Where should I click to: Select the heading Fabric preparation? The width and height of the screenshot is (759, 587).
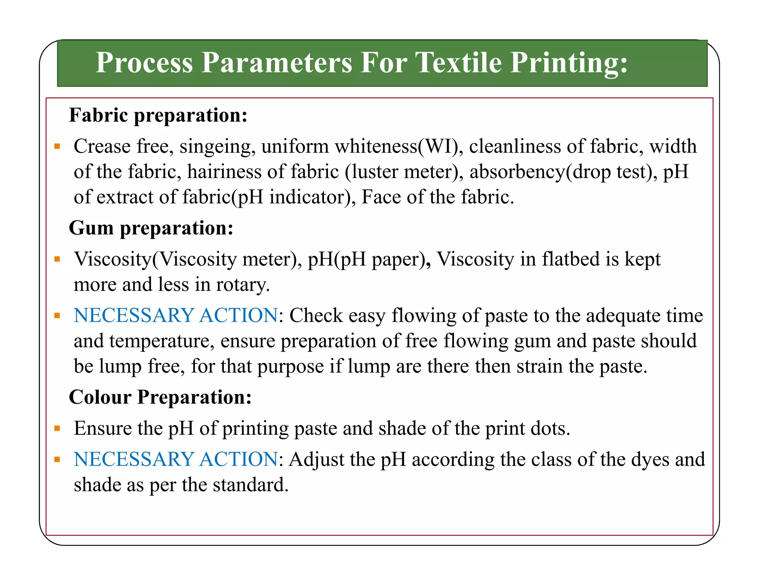(158, 115)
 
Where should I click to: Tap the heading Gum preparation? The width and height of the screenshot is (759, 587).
(151, 228)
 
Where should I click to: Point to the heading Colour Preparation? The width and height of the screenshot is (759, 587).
(160, 397)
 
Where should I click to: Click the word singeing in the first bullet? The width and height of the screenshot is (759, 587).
(218, 147)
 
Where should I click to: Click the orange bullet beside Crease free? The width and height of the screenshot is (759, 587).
(57, 146)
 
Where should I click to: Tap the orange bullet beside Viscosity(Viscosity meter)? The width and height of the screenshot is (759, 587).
(57, 259)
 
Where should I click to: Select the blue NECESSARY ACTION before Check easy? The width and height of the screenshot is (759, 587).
(176, 315)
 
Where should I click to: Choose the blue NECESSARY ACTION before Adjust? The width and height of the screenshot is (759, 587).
(176, 459)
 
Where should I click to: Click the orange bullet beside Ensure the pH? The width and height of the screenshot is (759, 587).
(57, 429)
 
